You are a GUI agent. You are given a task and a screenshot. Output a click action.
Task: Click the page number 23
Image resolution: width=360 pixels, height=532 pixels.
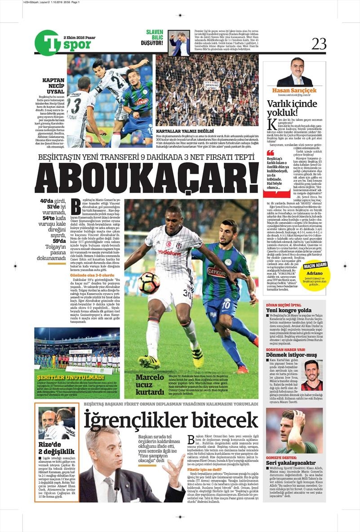319,43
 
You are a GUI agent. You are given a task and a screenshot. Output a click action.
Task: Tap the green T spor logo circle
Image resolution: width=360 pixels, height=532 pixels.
47,43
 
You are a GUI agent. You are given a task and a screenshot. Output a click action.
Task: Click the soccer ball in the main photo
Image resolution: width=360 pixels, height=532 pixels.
149,283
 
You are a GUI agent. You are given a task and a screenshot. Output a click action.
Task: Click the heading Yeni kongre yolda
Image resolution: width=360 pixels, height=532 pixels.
288,310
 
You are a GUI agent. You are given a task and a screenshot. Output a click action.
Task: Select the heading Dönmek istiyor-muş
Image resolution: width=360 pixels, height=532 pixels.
292,355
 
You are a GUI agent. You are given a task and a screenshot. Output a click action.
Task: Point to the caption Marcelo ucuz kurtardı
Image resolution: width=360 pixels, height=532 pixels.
150,384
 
